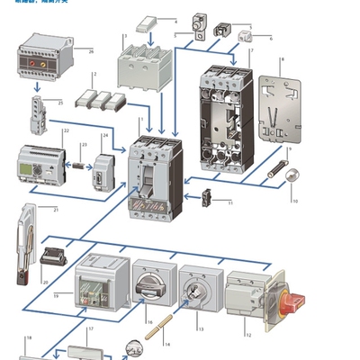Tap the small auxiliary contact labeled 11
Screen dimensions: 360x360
point(206,195)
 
